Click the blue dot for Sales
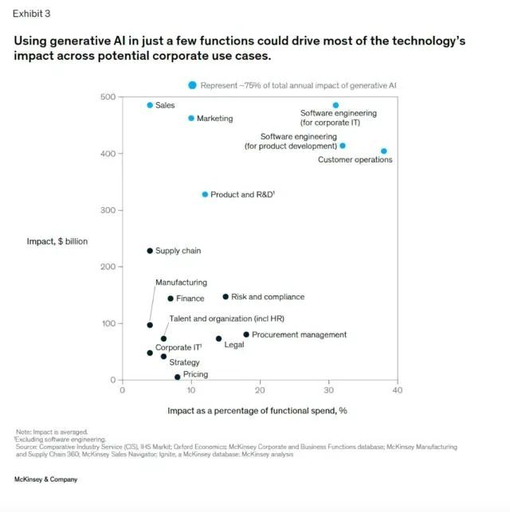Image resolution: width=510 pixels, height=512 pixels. (x=150, y=105)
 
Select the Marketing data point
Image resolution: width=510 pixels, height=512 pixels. (x=191, y=118)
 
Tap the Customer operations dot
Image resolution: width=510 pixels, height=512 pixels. (x=384, y=150)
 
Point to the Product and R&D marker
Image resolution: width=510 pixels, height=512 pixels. (x=205, y=194)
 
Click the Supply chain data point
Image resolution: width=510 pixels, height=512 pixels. (x=150, y=251)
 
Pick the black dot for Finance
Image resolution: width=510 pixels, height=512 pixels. (x=171, y=299)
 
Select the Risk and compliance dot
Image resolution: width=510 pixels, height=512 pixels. (x=226, y=297)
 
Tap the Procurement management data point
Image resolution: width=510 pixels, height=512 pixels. (x=246, y=334)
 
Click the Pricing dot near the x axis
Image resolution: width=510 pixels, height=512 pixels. (x=177, y=377)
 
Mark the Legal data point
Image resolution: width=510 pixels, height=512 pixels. (x=218, y=338)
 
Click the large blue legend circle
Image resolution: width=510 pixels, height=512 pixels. (x=192, y=85)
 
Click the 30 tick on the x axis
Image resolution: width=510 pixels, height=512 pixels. (x=329, y=390)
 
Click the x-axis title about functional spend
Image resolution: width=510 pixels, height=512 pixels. (x=257, y=411)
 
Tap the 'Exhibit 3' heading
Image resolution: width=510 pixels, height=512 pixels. (x=30, y=14)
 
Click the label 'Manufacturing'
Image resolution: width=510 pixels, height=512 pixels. (x=181, y=283)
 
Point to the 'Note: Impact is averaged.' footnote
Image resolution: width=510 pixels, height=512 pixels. (x=52, y=431)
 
